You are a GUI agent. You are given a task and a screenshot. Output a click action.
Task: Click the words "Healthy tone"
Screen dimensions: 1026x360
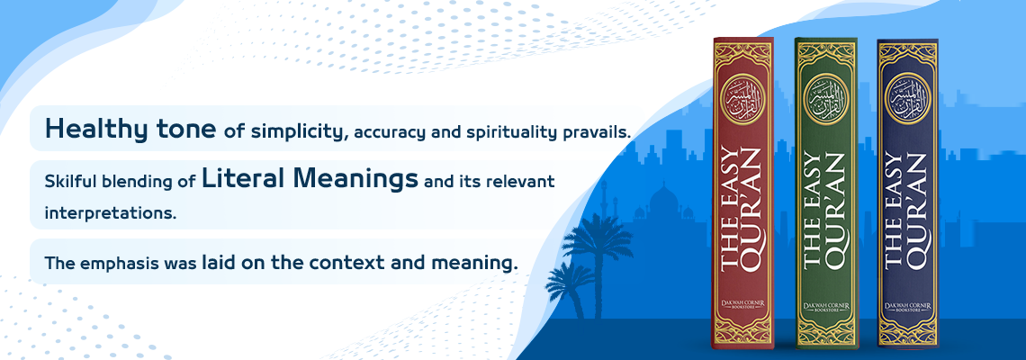tap(130, 130)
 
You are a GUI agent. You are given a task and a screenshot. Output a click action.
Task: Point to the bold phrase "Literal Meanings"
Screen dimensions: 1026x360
tap(310, 179)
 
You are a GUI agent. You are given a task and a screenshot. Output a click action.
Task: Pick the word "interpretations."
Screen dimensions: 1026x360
tap(112, 213)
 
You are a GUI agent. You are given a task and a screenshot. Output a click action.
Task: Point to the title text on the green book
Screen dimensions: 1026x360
tap(825, 210)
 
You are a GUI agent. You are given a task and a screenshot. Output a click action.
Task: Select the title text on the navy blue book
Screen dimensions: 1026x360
tap(907, 210)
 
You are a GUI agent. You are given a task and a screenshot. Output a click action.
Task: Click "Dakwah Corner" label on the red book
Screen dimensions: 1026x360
tap(742, 305)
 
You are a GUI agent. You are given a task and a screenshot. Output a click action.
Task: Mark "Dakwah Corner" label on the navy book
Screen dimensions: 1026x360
tap(907, 305)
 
